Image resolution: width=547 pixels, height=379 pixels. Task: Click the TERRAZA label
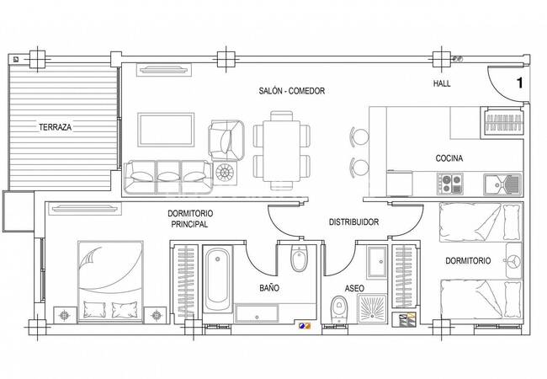click(x=55, y=127)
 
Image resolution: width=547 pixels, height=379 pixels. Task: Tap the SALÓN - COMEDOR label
click(x=292, y=91)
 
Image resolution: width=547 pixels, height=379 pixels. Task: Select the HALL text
click(x=442, y=83)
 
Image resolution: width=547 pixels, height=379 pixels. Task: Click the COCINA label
click(x=449, y=158)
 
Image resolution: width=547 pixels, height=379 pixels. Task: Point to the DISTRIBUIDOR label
click(x=353, y=222)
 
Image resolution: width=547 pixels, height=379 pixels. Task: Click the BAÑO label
click(x=269, y=288)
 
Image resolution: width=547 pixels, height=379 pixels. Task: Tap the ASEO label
click(x=354, y=288)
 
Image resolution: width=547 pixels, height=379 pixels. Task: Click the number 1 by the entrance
click(x=520, y=83)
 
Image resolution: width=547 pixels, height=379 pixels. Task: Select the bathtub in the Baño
click(x=217, y=280)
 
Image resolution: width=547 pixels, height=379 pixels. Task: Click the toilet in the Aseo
click(x=338, y=309)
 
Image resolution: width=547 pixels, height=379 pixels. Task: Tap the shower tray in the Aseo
click(x=373, y=307)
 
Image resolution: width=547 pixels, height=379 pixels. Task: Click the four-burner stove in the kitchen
click(x=450, y=184)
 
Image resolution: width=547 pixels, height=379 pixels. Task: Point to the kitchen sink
click(x=502, y=184)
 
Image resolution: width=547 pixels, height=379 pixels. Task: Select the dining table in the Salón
click(x=282, y=151)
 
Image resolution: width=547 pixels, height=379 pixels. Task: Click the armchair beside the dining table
click(x=226, y=141)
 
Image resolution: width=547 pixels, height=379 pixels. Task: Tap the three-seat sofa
click(x=167, y=177)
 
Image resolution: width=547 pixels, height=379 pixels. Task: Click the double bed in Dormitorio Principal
click(x=110, y=281)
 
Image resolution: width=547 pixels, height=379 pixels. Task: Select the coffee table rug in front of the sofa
click(x=166, y=130)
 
